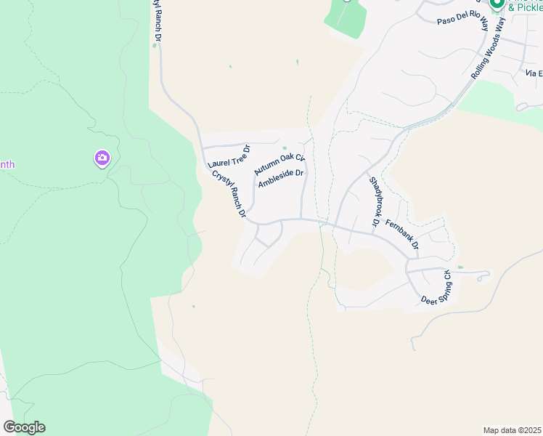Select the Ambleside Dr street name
(x=280, y=178)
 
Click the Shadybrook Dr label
(x=375, y=201)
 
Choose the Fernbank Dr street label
(x=402, y=234)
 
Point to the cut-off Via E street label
(x=534, y=73)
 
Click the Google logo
(x=24, y=427)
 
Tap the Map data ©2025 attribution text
(x=512, y=430)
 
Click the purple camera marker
(x=102, y=158)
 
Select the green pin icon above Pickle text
(x=497, y=4)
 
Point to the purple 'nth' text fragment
(x=7, y=164)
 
